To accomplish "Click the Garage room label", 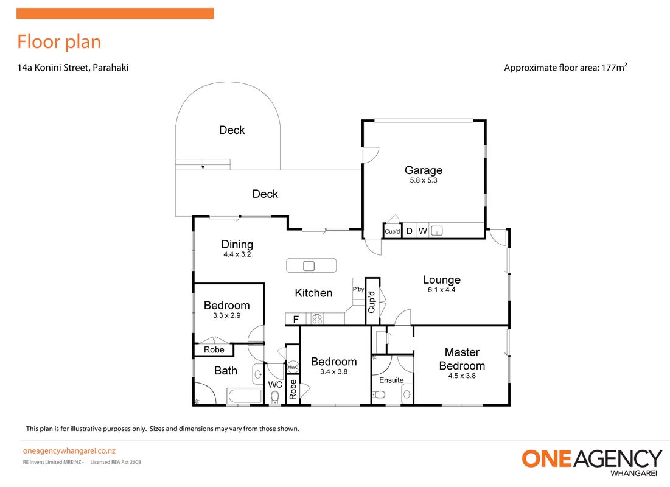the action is [x=424, y=170].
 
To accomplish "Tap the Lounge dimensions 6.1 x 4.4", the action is [x=441, y=290].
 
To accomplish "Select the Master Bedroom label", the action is [x=462, y=359].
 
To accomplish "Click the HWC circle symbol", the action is [x=293, y=367].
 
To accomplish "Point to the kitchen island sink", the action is [x=309, y=266].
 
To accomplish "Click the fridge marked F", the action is [x=296, y=319].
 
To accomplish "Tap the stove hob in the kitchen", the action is [x=317, y=319].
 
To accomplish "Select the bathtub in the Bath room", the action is [x=245, y=396].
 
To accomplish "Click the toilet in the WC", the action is [x=274, y=398].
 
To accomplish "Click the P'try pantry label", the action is [x=358, y=289].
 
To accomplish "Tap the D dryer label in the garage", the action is [x=410, y=231].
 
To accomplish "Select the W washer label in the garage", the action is [x=422, y=231].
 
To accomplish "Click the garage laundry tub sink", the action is [x=437, y=231].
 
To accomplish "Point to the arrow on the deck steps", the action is [x=203, y=164].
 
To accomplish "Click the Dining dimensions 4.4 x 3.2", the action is [x=237, y=254].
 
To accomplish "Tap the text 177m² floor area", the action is [x=614, y=67].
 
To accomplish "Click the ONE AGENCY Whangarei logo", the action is [x=591, y=462].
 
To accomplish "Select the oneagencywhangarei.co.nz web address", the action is [x=69, y=450].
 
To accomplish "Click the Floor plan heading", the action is [x=60, y=42].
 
